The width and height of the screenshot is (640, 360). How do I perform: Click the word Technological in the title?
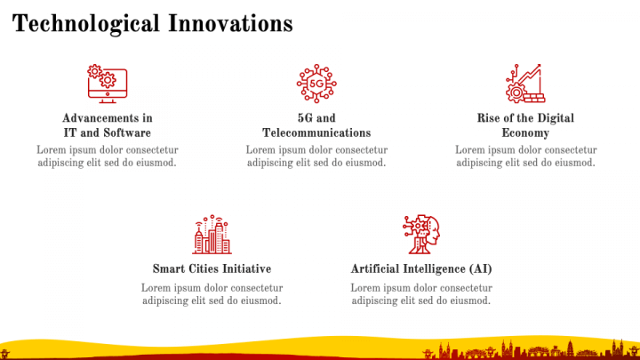pyautogui.click(x=85, y=24)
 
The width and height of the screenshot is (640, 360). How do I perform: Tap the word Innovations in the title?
pyautogui.click(x=230, y=23)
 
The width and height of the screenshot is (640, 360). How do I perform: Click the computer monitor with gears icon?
pyautogui.click(x=108, y=84)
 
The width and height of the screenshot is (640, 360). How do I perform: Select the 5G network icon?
pyautogui.click(x=316, y=84)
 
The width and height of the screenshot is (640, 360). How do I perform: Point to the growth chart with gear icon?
pyautogui.click(x=525, y=84)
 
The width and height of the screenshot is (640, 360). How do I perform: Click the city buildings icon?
pyautogui.click(x=212, y=235)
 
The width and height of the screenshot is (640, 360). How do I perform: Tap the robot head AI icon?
pyautogui.click(x=421, y=235)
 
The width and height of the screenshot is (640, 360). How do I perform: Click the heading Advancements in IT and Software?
pyautogui.click(x=108, y=125)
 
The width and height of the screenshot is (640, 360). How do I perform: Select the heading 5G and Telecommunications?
pyautogui.click(x=316, y=125)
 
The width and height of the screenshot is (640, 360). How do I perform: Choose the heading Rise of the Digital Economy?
pyautogui.click(x=525, y=125)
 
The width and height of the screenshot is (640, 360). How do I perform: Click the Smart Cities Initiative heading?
pyautogui.click(x=212, y=268)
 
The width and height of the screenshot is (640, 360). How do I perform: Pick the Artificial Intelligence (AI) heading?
pyautogui.click(x=421, y=269)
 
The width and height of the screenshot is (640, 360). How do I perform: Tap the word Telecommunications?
pyautogui.click(x=316, y=132)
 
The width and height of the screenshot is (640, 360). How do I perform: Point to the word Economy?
pyautogui.click(x=525, y=133)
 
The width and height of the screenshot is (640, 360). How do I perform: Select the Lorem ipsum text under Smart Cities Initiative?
pyautogui.click(x=212, y=294)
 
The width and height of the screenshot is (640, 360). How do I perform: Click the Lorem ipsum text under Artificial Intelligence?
pyautogui.click(x=421, y=294)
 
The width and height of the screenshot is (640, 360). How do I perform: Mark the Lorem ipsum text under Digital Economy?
pyautogui.click(x=525, y=156)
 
